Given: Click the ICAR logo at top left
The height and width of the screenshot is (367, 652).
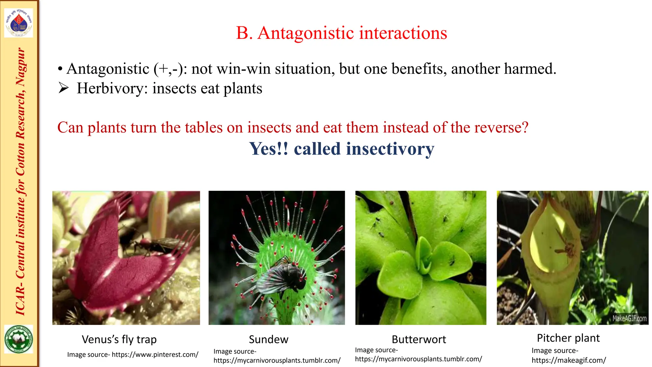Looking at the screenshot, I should pos(18,23).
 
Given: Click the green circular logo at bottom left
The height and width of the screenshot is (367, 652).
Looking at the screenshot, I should pos(18,339).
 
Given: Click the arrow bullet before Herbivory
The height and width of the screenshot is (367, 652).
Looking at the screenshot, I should pos(64,88).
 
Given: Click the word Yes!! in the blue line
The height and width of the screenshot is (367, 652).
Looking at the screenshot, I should pos(269,149).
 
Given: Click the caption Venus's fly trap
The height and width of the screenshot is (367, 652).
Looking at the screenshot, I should pos(119,339).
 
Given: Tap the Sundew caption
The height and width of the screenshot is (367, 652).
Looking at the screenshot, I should pos(268,339).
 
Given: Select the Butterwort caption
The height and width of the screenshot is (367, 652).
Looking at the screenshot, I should pos(419,339).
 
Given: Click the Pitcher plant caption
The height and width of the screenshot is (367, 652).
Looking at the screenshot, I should pos(568,338).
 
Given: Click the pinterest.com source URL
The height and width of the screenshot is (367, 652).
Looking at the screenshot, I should pos(155,355).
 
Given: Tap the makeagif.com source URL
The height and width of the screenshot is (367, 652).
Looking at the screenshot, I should pos(569,360).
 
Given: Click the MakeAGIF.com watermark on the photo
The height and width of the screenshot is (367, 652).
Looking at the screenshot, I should pos(629,318).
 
